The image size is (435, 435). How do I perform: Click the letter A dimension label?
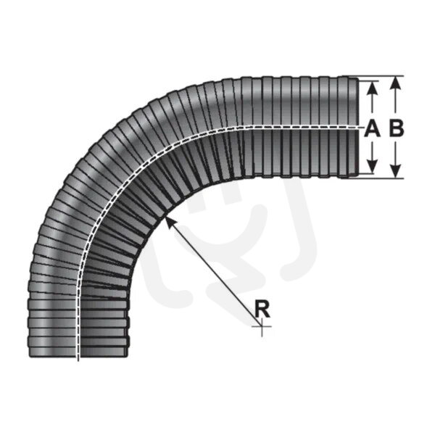click(372, 128)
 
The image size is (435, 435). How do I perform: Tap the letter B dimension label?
click(396, 128)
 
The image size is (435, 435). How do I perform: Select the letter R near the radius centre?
click(262, 310)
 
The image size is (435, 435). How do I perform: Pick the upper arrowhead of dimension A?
click(372, 86)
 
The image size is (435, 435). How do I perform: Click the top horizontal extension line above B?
click(381, 75)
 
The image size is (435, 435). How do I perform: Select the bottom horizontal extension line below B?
click(381, 178)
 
